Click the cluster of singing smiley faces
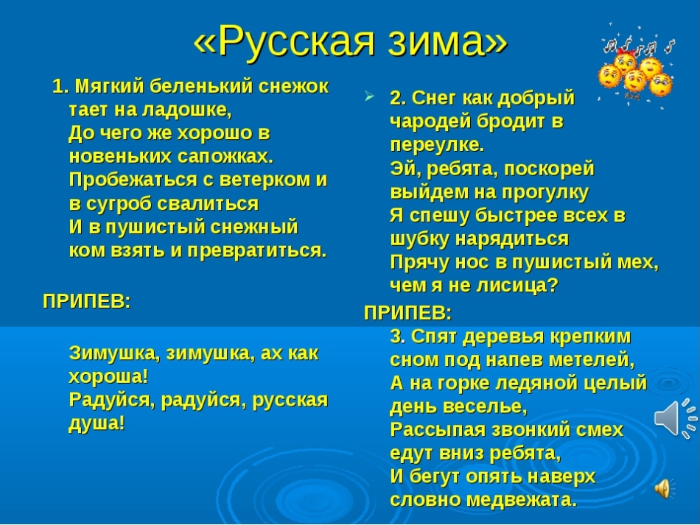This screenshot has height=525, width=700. point(636,65)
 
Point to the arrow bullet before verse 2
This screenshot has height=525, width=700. point(368,96)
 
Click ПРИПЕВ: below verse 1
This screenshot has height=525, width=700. point(87,302)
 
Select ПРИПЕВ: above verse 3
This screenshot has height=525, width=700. point(407,313)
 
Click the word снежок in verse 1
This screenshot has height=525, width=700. point(294,86)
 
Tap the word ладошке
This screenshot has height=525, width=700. point(187,110)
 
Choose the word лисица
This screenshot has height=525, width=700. point(517,285)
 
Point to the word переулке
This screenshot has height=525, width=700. point(437,145)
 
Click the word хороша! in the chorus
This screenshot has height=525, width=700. point(108,376)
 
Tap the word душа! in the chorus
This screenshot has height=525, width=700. point(97,423)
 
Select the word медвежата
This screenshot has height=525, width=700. point(522,499)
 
